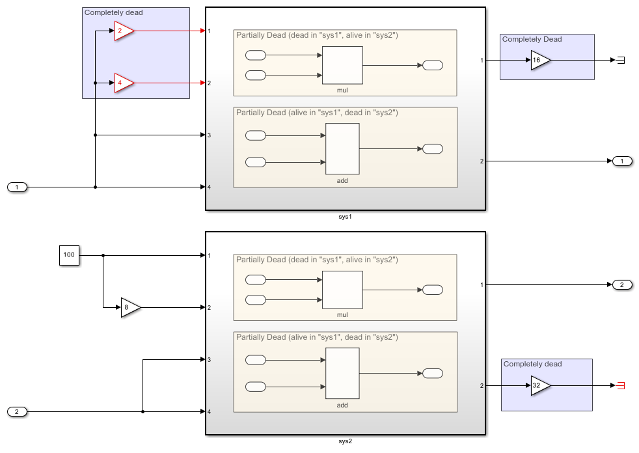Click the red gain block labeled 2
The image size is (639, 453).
click(123, 31)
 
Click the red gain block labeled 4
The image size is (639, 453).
click(123, 83)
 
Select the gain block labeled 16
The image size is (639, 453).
click(539, 60)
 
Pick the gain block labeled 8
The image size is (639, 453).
click(129, 307)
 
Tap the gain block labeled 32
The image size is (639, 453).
click(539, 385)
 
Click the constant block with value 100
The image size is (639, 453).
click(70, 255)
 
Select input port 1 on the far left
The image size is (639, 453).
click(18, 187)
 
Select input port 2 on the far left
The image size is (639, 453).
click(18, 411)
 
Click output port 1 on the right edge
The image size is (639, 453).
click(622, 161)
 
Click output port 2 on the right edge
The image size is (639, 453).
click(622, 284)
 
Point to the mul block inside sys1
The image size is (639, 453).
click(342, 64)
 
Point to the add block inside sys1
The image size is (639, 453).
click(342, 149)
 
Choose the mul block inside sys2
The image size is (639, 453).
click(342, 290)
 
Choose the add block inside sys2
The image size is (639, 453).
click(342, 373)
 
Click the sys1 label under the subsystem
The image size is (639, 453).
click(345, 216)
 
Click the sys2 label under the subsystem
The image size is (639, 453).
click(345, 441)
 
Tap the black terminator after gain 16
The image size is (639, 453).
click(620, 60)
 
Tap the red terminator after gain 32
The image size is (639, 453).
click(620, 385)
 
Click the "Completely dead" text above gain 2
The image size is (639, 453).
click(114, 12)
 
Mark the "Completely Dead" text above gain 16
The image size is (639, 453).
click(532, 39)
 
